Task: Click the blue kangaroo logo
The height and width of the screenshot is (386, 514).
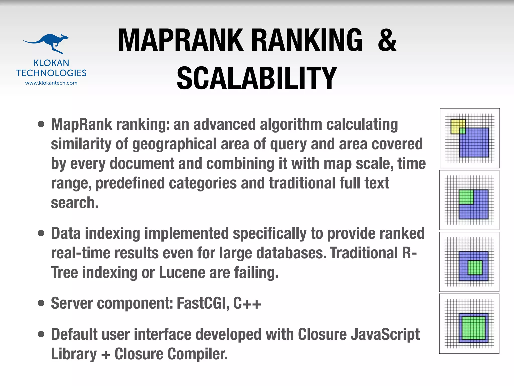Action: click(x=48, y=43)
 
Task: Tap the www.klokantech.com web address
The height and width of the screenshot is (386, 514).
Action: click(x=51, y=83)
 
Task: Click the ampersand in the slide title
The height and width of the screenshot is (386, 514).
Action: click(x=387, y=40)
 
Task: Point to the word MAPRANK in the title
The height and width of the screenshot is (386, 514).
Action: click(x=181, y=40)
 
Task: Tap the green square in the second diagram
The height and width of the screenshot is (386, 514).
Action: click(x=466, y=197)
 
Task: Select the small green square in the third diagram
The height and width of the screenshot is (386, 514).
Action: click(x=475, y=267)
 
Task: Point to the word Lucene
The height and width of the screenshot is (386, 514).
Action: click(x=182, y=273)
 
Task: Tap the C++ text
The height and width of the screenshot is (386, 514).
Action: click(x=247, y=303)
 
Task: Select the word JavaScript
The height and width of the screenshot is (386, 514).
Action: click(x=385, y=334)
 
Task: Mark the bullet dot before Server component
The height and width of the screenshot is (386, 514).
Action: click(x=41, y=303)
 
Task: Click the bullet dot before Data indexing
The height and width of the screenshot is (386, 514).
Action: click(x=41, y=233)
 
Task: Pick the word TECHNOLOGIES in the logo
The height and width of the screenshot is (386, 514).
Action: click(x=51, y=73)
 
